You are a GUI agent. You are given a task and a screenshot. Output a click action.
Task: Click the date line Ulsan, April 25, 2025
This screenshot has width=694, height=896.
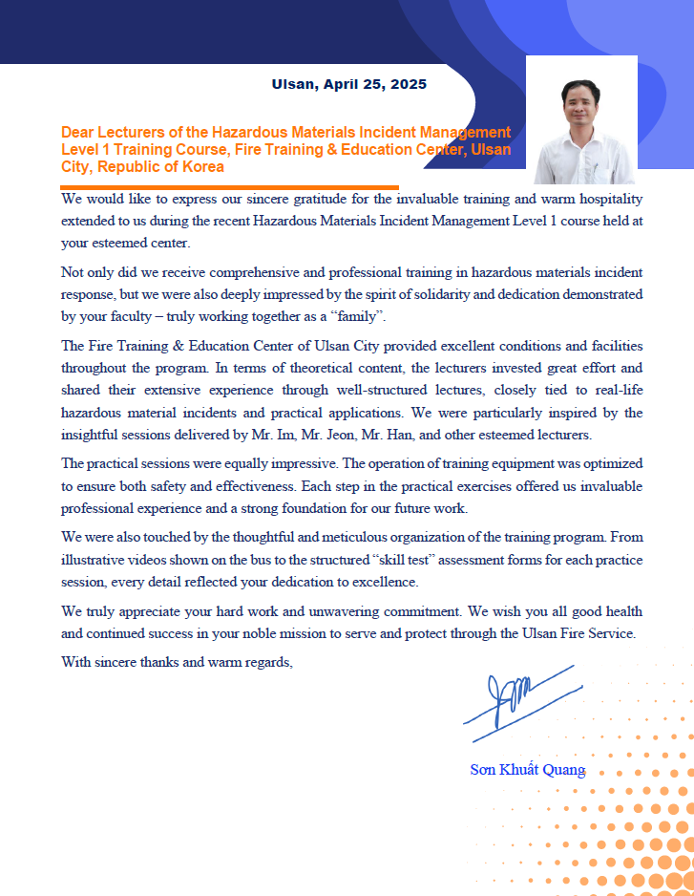tap(348, 84)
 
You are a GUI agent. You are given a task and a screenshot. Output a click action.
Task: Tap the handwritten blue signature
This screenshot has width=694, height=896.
tap(519, 703)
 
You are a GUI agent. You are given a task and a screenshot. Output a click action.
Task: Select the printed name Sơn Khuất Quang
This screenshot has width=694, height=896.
tap(527, 770)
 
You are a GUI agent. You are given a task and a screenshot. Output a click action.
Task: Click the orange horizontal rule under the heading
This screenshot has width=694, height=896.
tap(229, 187)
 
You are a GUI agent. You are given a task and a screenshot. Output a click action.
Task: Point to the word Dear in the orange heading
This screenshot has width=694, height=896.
tap(77, 132)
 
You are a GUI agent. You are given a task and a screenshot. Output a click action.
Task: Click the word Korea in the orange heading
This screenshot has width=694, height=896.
tap(203, 166)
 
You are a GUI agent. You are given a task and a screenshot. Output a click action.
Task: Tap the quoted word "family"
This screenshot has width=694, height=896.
tap(364, 316)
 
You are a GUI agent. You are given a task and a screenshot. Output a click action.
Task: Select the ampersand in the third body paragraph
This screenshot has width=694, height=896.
tap(177, 346)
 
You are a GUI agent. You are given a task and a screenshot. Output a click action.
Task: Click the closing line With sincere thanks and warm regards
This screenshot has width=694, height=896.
tap(177, 661)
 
